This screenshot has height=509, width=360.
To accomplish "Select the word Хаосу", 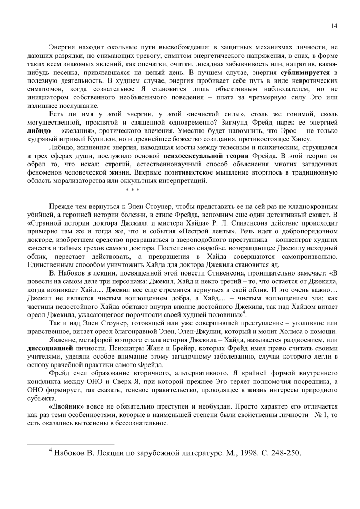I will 300,139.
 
